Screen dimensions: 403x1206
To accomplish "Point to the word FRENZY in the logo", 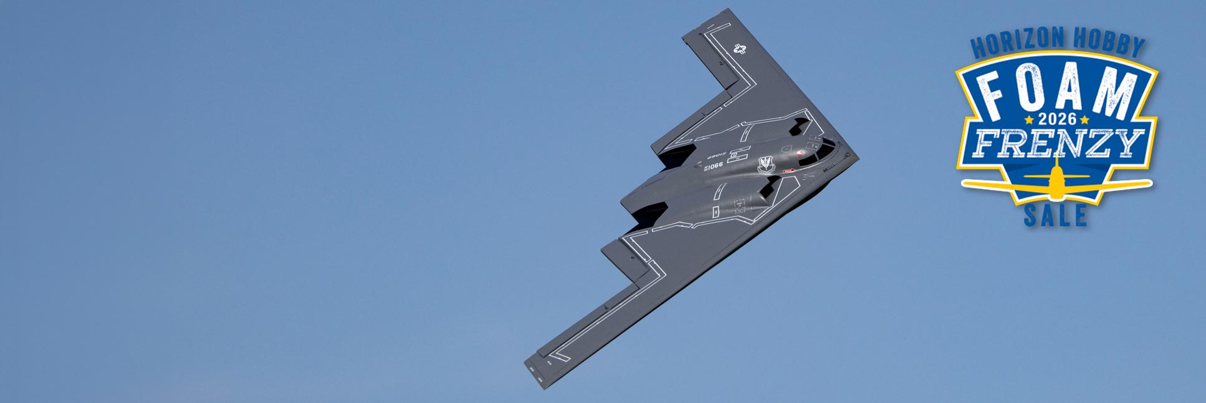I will [x=1058, y=143].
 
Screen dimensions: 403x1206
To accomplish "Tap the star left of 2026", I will [x=1029, y=119].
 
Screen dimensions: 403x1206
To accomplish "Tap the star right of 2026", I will [x=1085, y=119].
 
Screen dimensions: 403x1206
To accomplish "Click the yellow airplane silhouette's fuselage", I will [x=1056, y=181].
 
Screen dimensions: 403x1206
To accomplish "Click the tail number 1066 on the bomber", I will [x=715, y=166].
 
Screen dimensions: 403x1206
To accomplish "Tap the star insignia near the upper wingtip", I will [x=739, y=49].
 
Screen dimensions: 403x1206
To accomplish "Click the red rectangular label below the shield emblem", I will [x=788, y=171].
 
